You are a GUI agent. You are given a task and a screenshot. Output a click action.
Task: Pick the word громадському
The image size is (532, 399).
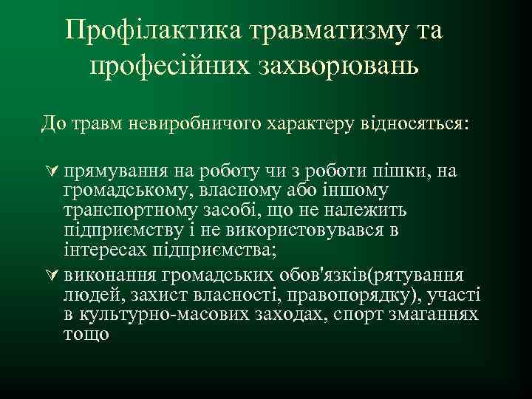coord(122,191)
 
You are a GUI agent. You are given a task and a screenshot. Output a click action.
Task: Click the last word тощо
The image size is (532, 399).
coord(86,335)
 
